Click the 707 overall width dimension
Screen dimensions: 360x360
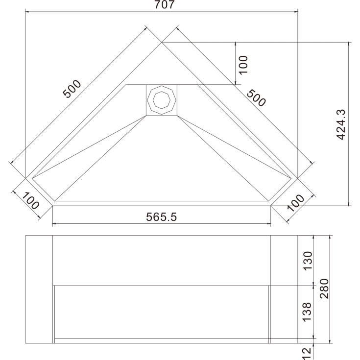(x=165, y=4)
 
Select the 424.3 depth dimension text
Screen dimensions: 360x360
(x=341, y=124)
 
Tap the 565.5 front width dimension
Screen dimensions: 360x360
(x=162, y=216)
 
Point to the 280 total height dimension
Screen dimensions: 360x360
(x=324, y=288)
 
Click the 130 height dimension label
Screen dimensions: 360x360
(x=308, y=261)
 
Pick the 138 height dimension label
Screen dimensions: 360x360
(x=307, y=312)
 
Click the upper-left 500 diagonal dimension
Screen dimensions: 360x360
(x=72, y=89)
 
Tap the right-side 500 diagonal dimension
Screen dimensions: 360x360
(x=256, y=98)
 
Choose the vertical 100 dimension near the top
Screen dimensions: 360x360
(x=243, y=65)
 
